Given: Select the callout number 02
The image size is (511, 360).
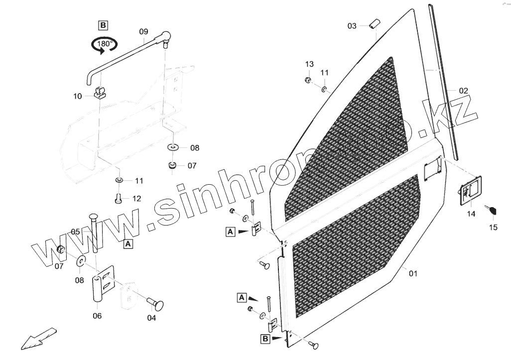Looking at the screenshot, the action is [463, 91].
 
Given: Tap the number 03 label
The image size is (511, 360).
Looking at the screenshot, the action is [352, 26].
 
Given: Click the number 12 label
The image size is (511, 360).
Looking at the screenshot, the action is [136, 198].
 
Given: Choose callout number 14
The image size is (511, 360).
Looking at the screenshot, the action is [471, 214].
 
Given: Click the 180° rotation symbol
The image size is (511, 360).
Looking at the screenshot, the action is [104, 45].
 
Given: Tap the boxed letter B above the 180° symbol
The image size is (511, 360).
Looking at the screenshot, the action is [103, 25].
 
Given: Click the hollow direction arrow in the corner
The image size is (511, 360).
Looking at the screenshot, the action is [37, 338].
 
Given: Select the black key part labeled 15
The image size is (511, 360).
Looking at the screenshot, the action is [492, 211].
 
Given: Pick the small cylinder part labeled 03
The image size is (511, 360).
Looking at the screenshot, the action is [375, 24].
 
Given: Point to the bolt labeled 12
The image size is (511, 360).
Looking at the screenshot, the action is [119, 198].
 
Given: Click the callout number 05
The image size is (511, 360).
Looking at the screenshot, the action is [75, 232].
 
